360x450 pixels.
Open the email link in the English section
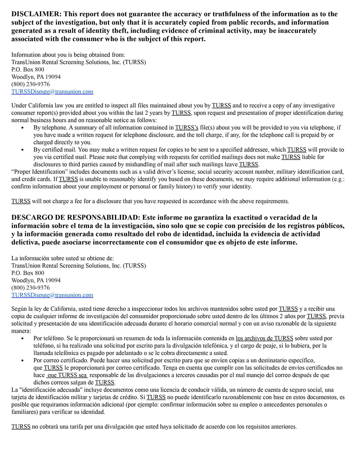tap(52, 92)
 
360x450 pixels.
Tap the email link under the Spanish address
tap(52, 295)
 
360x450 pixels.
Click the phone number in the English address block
tap(31, 84)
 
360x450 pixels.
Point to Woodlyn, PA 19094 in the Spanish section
tap(36, 281)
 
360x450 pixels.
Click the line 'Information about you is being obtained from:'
tap(68, 55)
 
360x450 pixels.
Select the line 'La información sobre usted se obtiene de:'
tap(63, 258)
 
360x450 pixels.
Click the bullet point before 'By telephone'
tap(23, 128)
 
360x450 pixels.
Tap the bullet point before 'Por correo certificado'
tap(23, 361)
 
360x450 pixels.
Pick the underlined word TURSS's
tap(187, 128)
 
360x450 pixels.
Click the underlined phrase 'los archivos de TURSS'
tap(264, 339)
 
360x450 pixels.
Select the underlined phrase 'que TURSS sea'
tap(67, 375)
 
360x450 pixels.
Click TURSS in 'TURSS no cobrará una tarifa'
tap(21, 427)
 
